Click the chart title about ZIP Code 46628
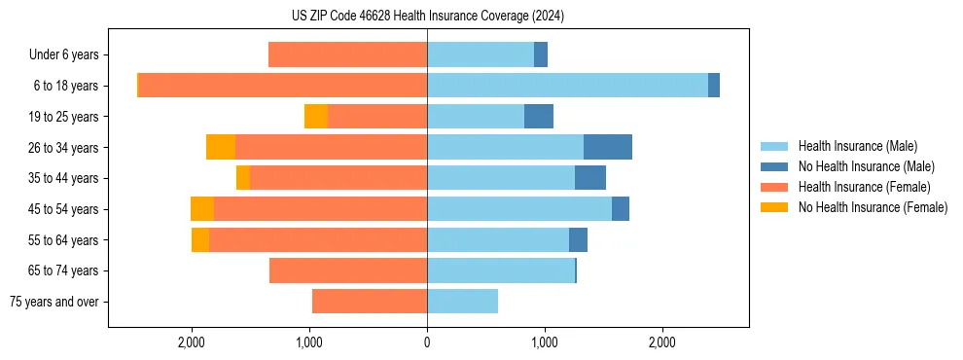[x=427, y=17]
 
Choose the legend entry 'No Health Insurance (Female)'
[x=873, y=207]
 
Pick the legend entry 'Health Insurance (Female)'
[x=864, y=187]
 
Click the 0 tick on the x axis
[x=427, y=342]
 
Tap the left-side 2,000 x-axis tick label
[x=192, y=342]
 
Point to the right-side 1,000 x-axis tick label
[x=545, y=342]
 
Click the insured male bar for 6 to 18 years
[x=567, y=86]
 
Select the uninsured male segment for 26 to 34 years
[x=608, y=147]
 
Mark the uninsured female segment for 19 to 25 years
[x=316, y=117]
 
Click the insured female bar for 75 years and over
[x=370, y=302]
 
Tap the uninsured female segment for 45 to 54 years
[x=202, y=209]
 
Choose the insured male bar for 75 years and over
[x=462, y=302]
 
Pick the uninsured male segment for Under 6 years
[x=541, y=55]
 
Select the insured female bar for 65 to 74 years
[x=348, y=270]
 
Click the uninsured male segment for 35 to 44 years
[x=590, y=178]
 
